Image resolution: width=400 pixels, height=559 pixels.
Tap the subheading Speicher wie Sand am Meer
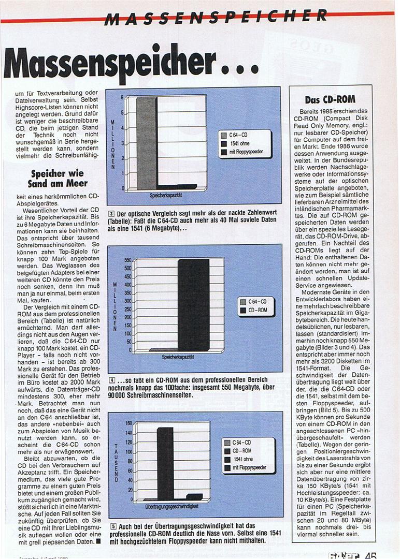59,178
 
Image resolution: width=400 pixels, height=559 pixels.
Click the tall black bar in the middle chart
193,305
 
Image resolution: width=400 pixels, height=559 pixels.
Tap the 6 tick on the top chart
122,97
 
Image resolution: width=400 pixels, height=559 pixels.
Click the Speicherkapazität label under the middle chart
178,357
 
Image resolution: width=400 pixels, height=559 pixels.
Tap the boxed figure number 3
111,214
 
